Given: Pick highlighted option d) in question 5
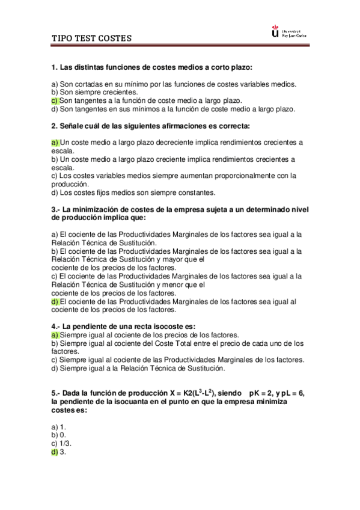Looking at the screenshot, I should [x=55, y=452].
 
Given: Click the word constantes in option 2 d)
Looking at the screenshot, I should [x=194, y=192].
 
